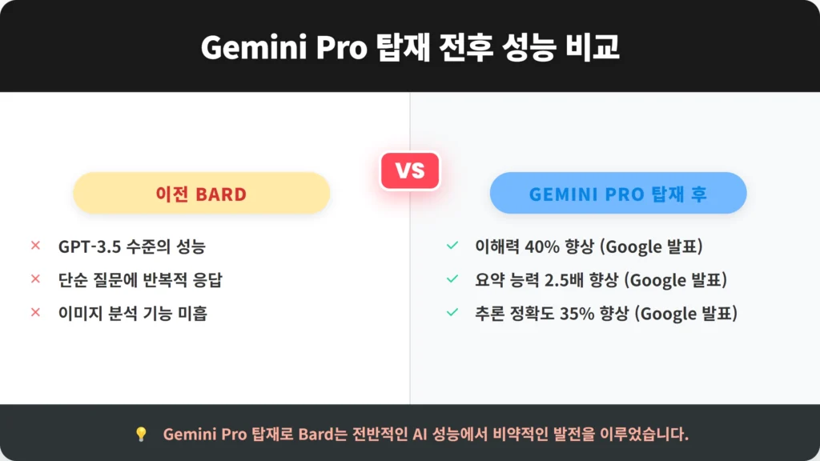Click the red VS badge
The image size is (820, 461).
410,170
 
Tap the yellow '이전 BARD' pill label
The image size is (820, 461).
201,193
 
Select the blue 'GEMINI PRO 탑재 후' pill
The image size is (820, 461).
618,193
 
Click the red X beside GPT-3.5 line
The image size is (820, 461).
35,245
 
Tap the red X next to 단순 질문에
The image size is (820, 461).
35,279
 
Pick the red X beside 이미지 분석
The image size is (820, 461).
35,312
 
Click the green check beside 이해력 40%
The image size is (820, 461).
452,245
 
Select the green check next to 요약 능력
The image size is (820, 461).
452,279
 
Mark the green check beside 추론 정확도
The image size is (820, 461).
452,312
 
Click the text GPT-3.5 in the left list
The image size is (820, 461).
90,247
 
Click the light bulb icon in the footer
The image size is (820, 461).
141,434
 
